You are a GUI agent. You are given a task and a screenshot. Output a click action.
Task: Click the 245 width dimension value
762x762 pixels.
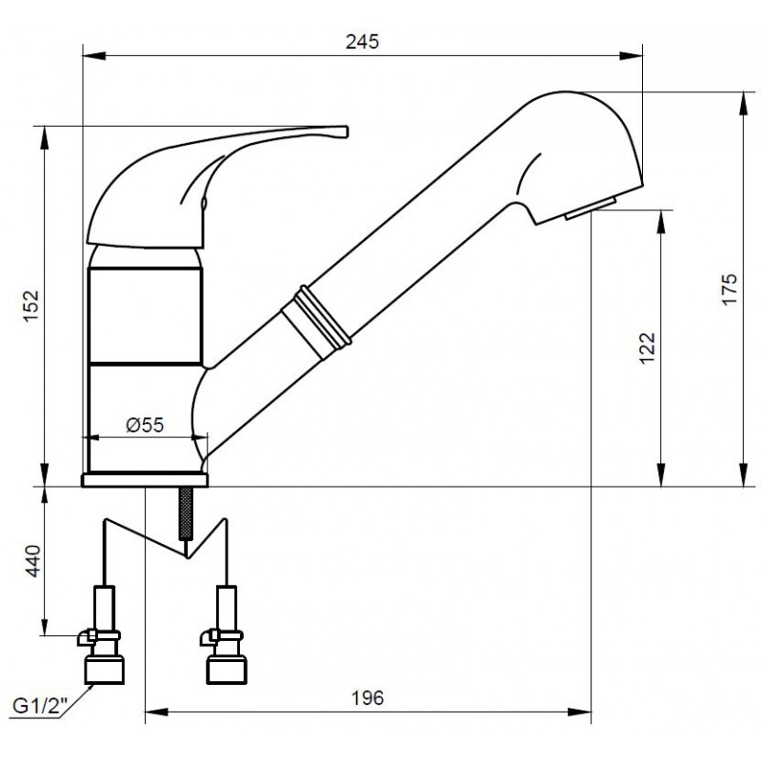362,42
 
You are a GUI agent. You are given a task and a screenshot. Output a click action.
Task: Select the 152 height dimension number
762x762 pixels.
31,306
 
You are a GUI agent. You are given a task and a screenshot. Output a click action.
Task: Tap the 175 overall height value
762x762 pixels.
730,290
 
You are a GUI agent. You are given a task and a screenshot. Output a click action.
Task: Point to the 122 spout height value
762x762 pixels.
648,348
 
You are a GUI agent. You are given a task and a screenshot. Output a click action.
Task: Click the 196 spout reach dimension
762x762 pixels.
368,698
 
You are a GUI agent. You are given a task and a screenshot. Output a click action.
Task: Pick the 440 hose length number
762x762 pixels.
33,561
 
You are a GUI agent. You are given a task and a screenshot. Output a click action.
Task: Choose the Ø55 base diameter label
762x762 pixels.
145,425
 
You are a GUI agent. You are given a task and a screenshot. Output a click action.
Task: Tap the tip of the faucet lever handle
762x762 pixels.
347,131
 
